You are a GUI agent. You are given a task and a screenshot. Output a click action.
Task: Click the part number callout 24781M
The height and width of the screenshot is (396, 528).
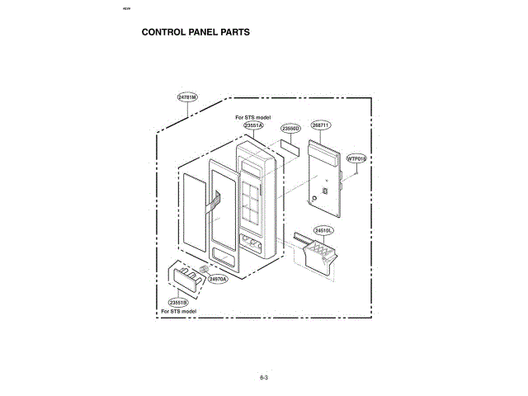click(x=187, y=97)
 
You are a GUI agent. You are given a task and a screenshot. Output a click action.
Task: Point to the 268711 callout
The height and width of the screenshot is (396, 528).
click(x=321, y=125)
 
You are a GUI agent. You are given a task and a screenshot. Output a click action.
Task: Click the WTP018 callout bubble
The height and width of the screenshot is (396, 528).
click(x=356, y=158)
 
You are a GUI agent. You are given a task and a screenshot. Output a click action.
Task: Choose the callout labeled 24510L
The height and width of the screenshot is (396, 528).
click(x=323, y=230)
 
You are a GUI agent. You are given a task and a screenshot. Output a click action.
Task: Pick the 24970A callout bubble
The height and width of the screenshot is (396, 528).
click(x=218, y=280)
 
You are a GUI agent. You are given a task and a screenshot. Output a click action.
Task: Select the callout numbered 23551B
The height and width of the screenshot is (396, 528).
click(x=178, y=303)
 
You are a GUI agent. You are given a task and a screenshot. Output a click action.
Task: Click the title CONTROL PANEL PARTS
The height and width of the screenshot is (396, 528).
click(x=196, y=33)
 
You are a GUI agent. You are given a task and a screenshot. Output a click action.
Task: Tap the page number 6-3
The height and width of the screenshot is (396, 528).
click(x=264, y=378)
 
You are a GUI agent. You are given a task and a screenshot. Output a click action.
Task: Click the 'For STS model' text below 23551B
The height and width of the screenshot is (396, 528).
click(x=179, y=312)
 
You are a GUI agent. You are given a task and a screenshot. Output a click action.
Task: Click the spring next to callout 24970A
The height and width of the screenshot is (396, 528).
click(x=205, y=269)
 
